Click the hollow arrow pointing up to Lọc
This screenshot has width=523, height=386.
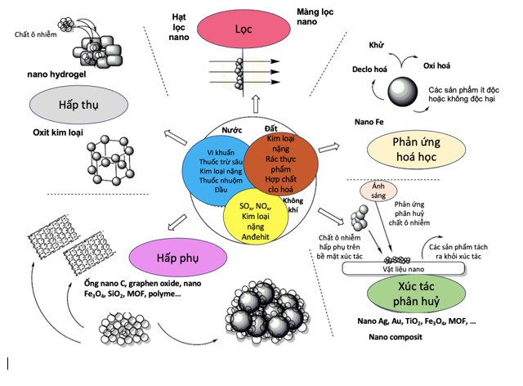pos(255,103)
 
